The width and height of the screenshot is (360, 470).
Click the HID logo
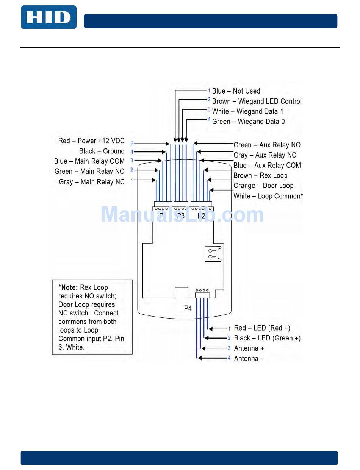click(x=49, y=17)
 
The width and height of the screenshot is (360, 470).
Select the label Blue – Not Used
click(x=236, y=91)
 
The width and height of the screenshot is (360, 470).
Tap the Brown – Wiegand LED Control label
click(x=257, y=101)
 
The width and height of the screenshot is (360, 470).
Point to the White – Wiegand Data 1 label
click(x=247, y=111)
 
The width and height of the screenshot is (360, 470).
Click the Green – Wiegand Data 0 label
click(x=248, y=122)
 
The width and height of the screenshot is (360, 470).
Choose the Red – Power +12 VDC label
click(x=91, y=141)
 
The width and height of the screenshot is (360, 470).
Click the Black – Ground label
click(x=102, y=151)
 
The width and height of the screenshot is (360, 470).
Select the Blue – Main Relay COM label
click(x=89, y=161)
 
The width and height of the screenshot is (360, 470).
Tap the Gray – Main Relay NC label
click(x=92, y=182)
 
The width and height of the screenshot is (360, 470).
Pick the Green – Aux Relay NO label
click(x=267, y=145)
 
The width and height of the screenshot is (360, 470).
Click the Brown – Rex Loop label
click(x=260, y=176)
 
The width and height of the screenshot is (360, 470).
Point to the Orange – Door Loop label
click(x=263, y=186)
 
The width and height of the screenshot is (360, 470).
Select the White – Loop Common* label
click(x=268, y=196)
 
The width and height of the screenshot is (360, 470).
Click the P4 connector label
click(x=188, y=308)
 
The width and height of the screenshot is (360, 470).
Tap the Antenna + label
click(x=249, y=348)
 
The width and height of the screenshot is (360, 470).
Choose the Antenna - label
click(x=248, y=359)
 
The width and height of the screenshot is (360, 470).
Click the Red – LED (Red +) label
click(x=262, y=328)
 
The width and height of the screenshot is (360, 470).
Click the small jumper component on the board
click(x=213, y=253)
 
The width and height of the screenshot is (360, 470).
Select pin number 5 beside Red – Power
click(x=132, y=144)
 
